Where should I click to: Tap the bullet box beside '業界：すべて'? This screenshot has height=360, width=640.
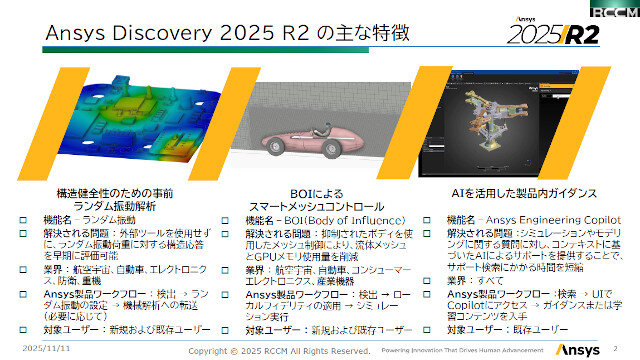click(428, 282)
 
